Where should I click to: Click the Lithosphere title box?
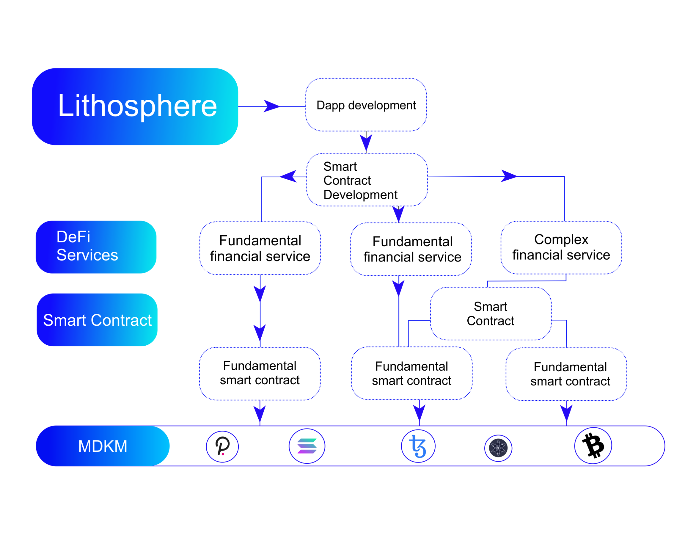click(x=135, y=107)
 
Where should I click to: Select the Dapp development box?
click(x=366, y=105)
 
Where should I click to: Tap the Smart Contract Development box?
click(x=367, y=180)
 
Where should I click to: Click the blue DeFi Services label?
click(x=96, y=247)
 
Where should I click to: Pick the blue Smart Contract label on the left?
click(x=97, y=320)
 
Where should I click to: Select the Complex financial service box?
click(x=561, y=247)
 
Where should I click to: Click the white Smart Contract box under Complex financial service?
click(x=491, y=314)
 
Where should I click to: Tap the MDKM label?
click(x=103, y=446)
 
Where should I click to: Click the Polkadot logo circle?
click(x=222, y=446)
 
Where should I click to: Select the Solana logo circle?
click(x=307, y=446)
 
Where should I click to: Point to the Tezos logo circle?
click(x=418, y=446)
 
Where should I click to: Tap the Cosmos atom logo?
click(x=498, y=448)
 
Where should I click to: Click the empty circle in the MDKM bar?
click(x=593, y=446)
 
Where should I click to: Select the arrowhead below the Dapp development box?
click(x=366, y=142)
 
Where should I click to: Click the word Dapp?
click(x=331, y=105)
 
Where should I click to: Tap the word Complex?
click(x=561, y=239)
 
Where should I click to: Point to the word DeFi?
click(x=73, y=237)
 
